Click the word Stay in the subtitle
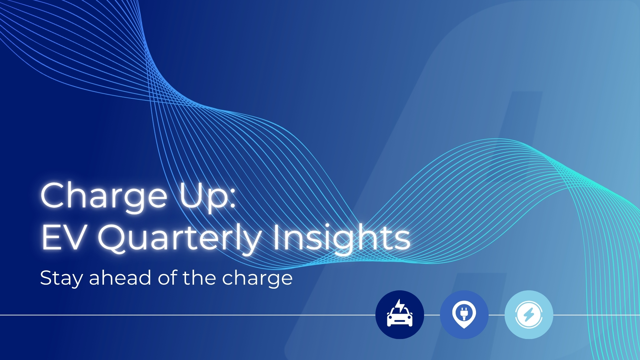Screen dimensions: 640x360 coord(61,278)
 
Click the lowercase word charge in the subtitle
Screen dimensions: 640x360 coord(257,278)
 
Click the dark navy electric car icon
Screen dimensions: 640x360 coord(400,315)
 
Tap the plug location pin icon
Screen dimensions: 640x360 coord(464,315)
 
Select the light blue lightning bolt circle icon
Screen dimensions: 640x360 coord(529,315)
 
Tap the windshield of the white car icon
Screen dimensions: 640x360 coord(400,312)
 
